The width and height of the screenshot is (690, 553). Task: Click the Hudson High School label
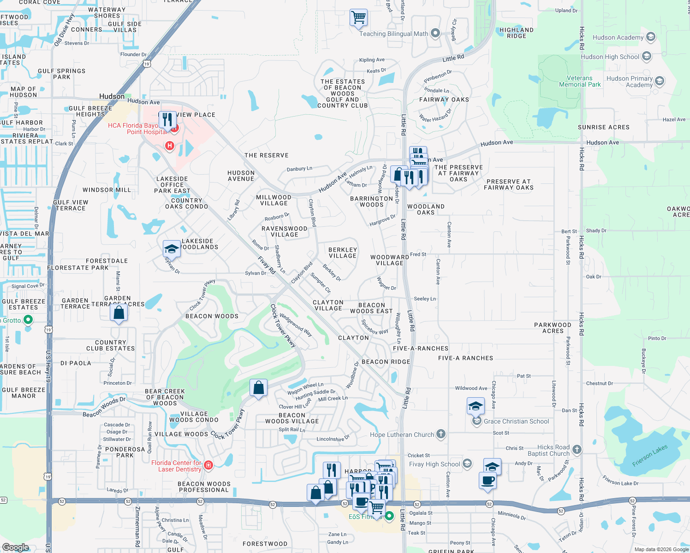(610, 57)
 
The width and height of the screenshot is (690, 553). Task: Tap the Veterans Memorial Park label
(580, 82)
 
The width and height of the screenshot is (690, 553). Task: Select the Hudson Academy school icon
(651, 37)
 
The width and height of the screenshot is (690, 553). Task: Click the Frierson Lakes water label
(650, 456)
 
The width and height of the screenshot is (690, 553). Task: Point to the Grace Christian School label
(516, 421)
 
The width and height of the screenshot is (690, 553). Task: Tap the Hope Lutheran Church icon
(441, 434)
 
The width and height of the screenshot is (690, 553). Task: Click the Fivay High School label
(434, 464)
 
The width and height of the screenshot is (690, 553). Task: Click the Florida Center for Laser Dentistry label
(176, 466)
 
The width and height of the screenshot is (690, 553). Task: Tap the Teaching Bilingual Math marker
(435, 33)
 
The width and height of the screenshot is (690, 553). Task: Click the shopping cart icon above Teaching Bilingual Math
(358, 18)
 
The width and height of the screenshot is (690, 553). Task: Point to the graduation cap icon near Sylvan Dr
(172, 249)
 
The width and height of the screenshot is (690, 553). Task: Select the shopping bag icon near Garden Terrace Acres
(119, 313)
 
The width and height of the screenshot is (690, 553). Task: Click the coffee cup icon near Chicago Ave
(488, 481)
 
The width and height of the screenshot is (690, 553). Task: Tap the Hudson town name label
(112, 96)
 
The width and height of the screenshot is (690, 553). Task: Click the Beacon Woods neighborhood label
(212, 316)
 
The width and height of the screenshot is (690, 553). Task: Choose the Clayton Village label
(328, 305)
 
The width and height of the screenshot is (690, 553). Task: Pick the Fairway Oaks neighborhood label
(444, 100)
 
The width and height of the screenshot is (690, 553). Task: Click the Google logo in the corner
(15, 547)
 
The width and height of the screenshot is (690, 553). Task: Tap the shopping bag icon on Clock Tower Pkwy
(259, 388)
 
